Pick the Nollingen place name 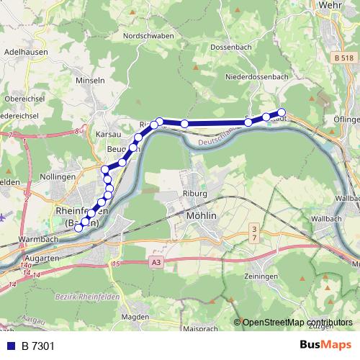pyautogui.click(x=58, y=176)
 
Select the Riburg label pyautogui.click(x=196, y=193)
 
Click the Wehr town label pyautogui.click(x=329, y=5)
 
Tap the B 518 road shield pyautogui.click(x=343, y=56)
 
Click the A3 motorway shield pyautogui.click(x=156, y=264)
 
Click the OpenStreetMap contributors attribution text pyautogui.click(x=294, y=323)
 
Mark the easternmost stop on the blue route pyautogui.click(x=282, y=112)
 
